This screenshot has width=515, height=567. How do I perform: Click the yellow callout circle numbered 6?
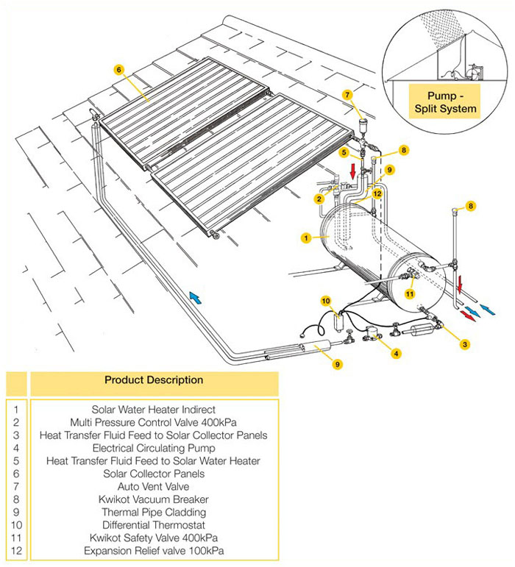coord(118,70)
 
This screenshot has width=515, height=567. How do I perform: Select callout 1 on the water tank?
coord(305,238)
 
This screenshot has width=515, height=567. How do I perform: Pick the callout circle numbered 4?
coord(397,353)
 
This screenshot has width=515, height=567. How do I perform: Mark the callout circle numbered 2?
coord(319,199)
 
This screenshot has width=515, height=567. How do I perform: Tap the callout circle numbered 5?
coord(344,152)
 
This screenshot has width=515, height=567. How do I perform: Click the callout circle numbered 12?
coord(376,194)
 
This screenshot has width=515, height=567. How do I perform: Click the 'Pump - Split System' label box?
coord(443,102)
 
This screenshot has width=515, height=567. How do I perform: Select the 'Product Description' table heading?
coord(153,380)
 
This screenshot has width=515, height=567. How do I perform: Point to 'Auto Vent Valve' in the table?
coord(153,486)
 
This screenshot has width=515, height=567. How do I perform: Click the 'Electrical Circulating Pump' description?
coord(153,447)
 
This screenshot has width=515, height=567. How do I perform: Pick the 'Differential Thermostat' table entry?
coord(153,525)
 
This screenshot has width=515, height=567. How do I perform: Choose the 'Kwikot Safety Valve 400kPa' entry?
coord(153,538)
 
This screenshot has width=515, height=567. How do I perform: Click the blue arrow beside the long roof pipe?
coord(194,296)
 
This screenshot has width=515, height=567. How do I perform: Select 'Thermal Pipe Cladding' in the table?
coord(153,512)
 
